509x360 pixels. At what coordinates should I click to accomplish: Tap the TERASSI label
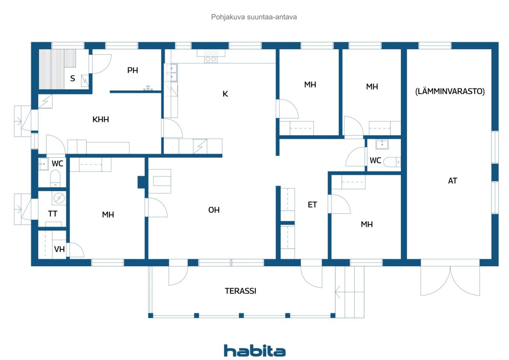coord(241,291)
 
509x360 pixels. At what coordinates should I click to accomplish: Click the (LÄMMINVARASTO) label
coord(450,91)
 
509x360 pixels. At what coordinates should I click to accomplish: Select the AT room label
coord(453,181)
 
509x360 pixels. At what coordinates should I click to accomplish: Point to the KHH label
coord(101,119)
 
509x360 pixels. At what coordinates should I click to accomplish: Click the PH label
coord(132,70)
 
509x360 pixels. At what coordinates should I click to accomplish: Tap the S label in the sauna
coord(72,78)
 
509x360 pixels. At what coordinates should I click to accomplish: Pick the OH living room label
coord(214,210)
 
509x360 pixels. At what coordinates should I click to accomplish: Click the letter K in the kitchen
coord(225,94)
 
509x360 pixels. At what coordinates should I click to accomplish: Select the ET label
coord(312,205)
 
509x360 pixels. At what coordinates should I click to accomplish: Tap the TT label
coord(52,214)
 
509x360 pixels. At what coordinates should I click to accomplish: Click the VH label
coord(59,249)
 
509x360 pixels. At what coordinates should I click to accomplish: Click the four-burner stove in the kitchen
coord(211,56)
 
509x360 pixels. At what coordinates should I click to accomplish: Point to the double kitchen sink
coord(171,73)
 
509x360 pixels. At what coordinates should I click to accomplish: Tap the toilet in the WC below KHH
coord(55,178)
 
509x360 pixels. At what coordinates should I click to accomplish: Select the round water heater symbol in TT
coord(59,198)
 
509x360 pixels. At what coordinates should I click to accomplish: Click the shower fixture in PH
coord(148,88)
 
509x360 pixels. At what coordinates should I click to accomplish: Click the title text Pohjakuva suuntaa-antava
coord(254,17)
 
